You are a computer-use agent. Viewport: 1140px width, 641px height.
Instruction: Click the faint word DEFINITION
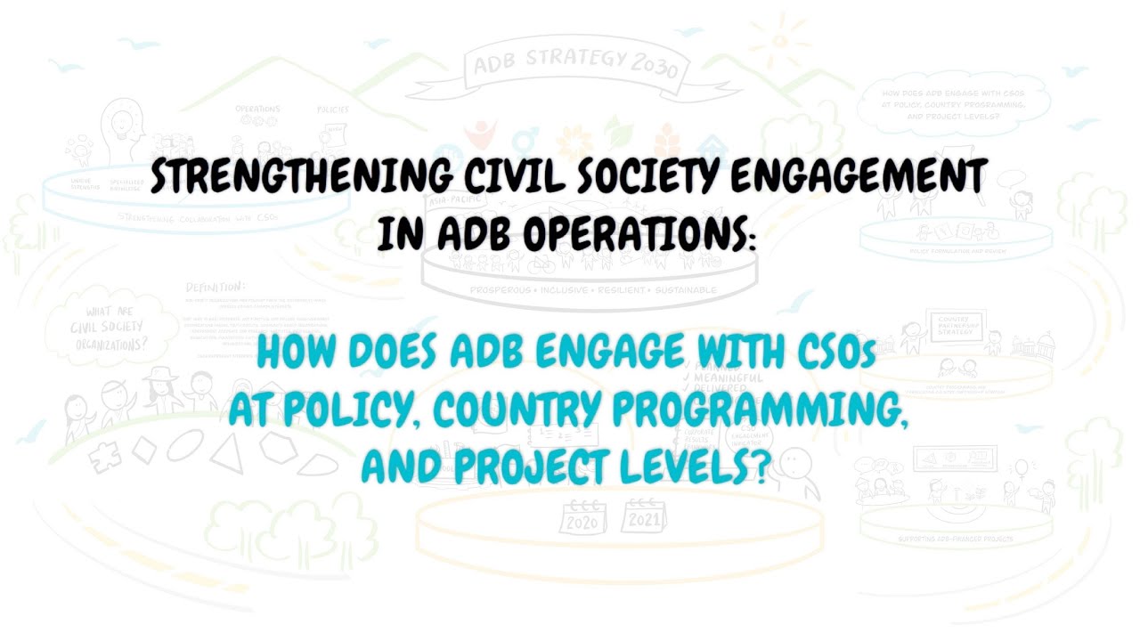point(215,288)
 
